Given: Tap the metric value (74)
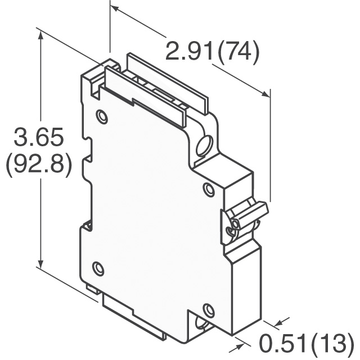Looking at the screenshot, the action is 238,51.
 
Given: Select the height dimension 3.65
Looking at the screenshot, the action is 38,137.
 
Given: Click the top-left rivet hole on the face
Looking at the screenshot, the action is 102,116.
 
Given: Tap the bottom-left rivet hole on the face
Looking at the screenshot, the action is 98,268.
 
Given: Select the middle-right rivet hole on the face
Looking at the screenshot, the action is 209,190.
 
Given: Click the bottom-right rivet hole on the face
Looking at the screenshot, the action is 209,310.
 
